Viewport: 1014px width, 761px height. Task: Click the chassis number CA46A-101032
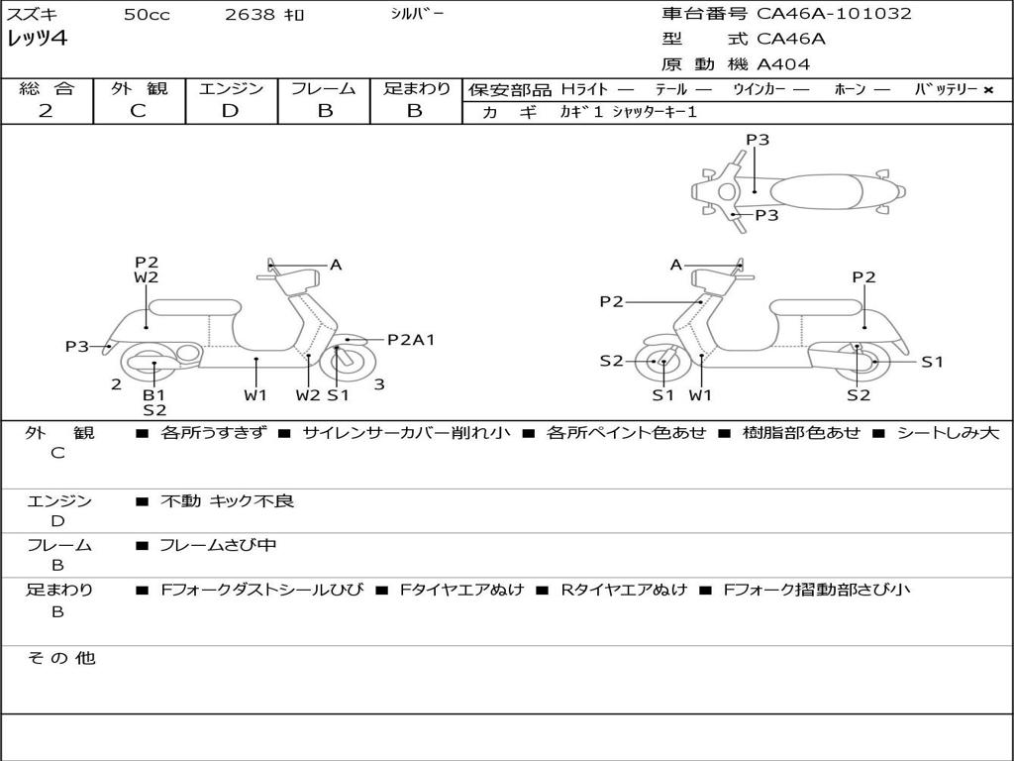pos(834,14)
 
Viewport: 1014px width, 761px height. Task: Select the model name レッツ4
pos(37,39)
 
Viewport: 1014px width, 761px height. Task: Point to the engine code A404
pos(783,64)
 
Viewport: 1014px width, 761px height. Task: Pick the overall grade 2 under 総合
pos(46,111)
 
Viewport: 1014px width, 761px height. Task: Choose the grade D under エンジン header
pos(230,111)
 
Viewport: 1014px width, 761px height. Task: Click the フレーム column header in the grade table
pos(323,89)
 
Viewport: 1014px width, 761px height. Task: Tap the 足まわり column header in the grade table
pos(416,89)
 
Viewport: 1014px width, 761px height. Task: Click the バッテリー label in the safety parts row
pos(945,90)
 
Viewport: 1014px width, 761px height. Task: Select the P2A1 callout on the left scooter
pos(411,340)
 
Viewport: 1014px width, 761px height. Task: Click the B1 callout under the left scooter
pos(153,394)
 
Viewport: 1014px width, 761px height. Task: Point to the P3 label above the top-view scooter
pos(758,140)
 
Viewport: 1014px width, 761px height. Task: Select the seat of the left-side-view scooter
pos(194,306)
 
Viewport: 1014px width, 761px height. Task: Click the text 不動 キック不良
pos(228,501)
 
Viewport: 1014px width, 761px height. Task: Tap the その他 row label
pos(60,658)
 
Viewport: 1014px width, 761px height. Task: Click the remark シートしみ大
pos(948,433)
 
